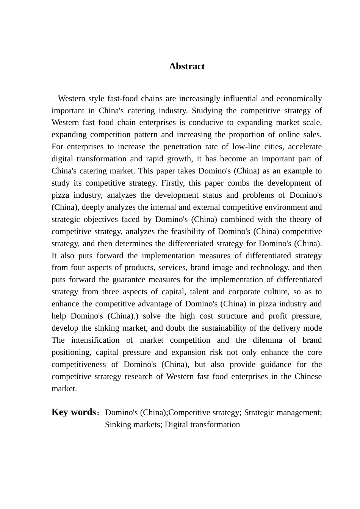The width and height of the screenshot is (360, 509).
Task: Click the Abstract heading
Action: pos(187,66)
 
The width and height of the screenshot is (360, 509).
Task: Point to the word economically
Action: pos(299,98)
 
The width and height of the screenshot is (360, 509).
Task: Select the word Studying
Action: pos(207,111)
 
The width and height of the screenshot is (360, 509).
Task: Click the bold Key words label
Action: pos(74,412)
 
